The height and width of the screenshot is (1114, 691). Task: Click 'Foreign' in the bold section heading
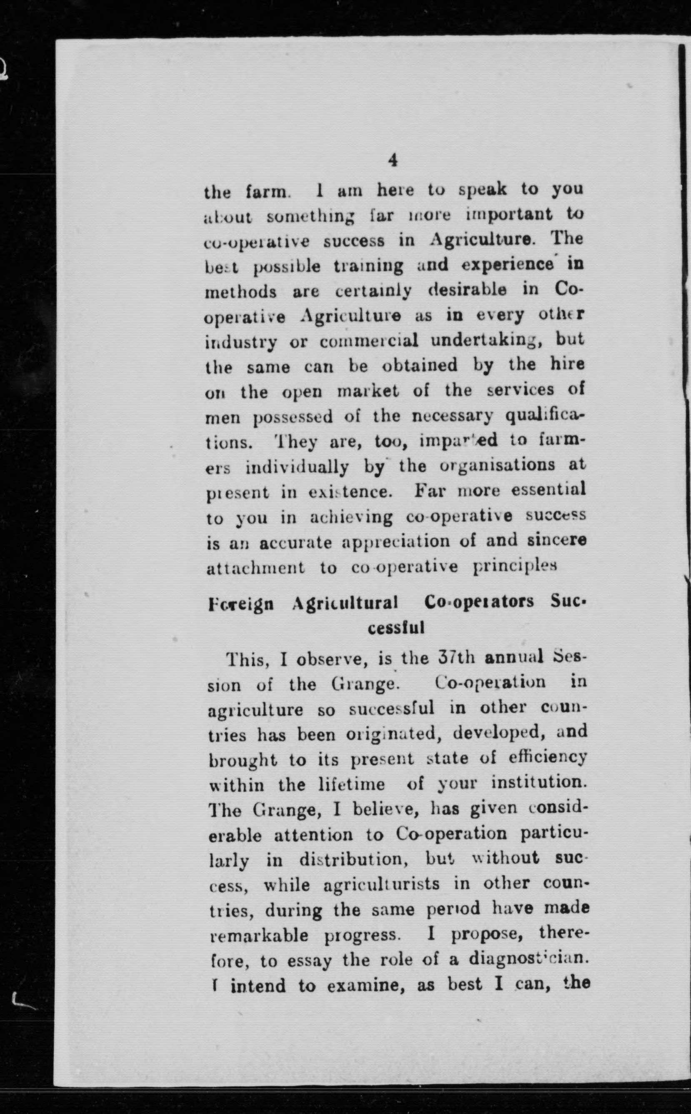coord(241,604)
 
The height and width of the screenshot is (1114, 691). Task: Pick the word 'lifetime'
coord(351,785)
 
